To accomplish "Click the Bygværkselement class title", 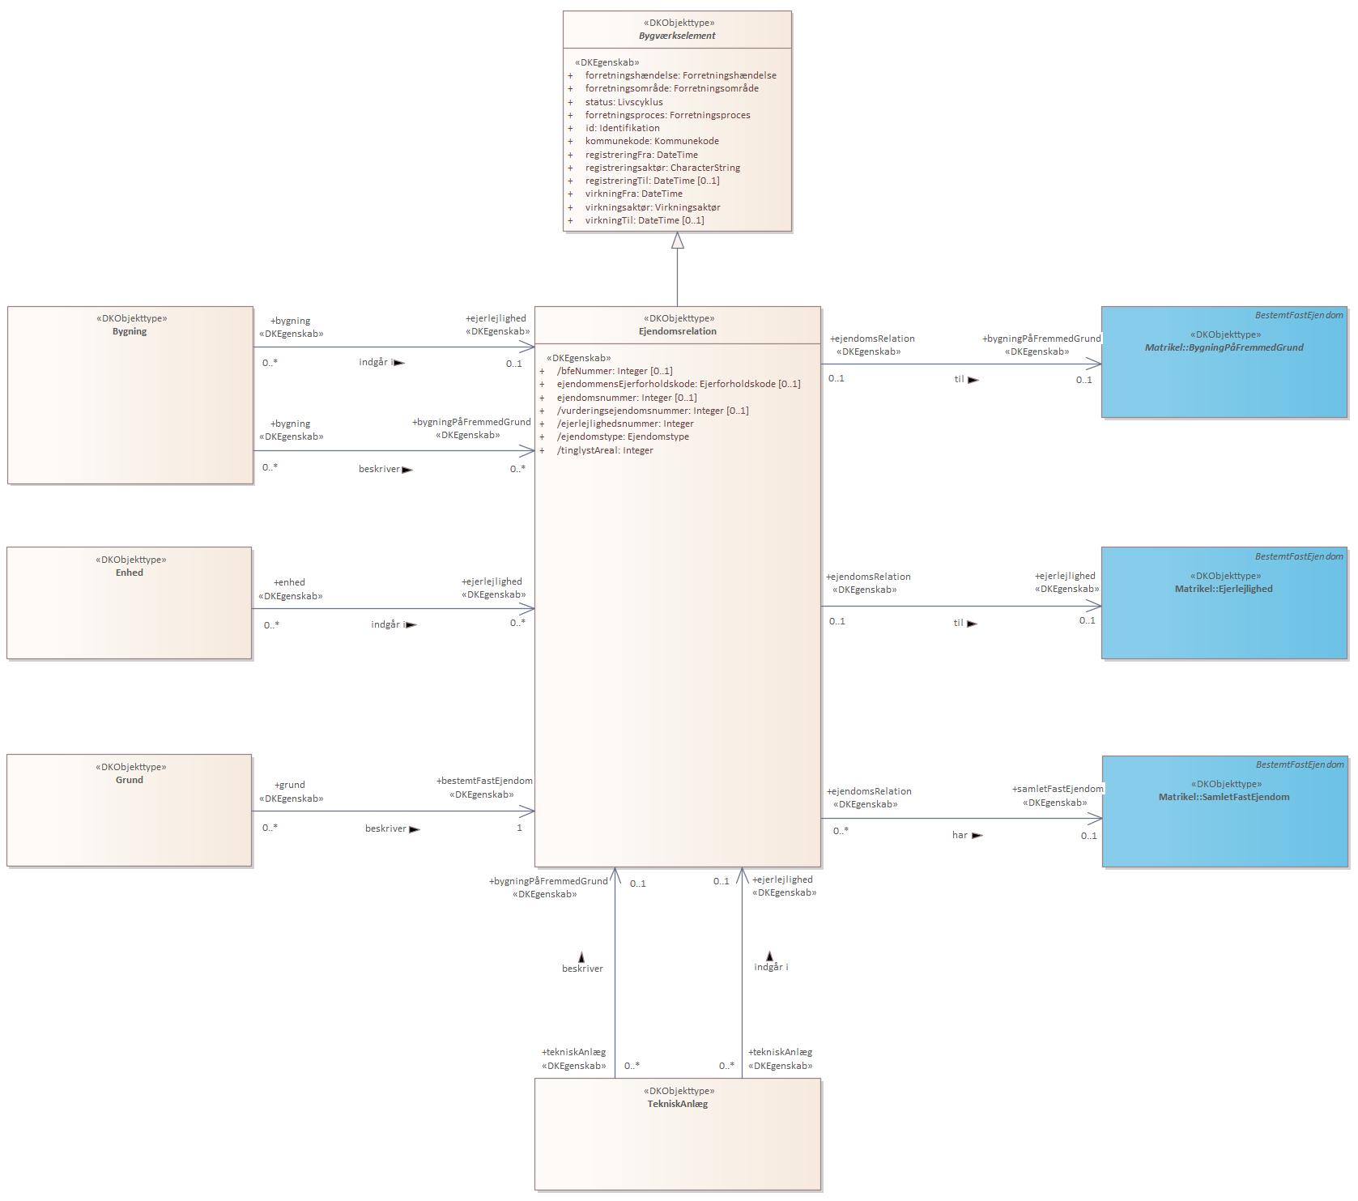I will (x=677, y=36).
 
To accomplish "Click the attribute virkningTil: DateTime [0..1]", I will (x=645, y=220).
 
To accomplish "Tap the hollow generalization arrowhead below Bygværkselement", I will (x=678, y=241).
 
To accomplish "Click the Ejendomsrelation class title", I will (x=677, y=331).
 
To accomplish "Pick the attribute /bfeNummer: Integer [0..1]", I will (x=615, y=371).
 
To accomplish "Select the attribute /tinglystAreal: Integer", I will (x=605, y=450).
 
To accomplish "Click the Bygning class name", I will (x=130, y=331).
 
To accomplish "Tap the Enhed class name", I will (x=130, y=573).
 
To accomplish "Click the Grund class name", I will (x=130, y=780).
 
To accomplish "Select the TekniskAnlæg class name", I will (x=678, y=1104).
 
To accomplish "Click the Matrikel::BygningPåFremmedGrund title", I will (x=1224, y=347).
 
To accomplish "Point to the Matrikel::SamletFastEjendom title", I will (x=1224, y=797).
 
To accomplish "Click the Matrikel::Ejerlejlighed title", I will (x=1224, y=589).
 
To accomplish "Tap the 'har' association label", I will (x=960, y=835).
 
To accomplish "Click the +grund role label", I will (x=290, y=785).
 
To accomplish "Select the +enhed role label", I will (x=290, y=582).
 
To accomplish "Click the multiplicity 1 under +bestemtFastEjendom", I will (x=519, y=828).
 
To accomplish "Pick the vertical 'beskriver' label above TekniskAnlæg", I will (x=582, y=969).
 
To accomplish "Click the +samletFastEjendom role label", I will (x=1058, y=789).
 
